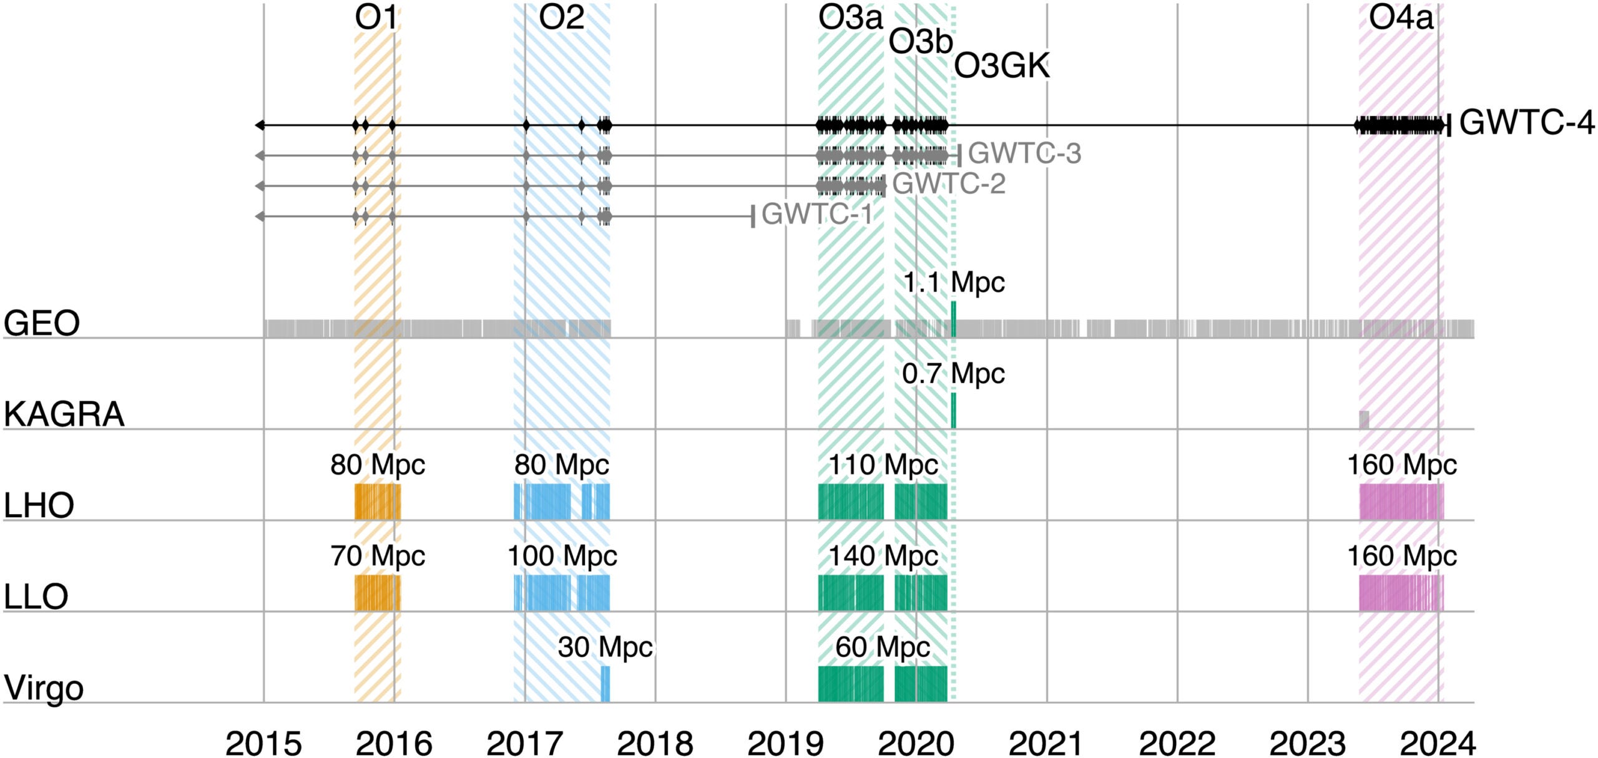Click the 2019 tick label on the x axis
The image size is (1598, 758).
tap(785, 743)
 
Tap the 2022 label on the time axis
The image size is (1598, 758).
tap(1177, 743)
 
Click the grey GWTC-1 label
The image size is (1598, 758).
tap(816, 214)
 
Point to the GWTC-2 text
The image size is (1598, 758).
tap(949, 184)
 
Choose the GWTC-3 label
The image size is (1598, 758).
tap(1024, 153)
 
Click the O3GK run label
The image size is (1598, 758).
tap(1002, 66)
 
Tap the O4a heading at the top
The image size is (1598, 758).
tap(1400, 19)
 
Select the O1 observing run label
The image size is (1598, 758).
tap(376, 19)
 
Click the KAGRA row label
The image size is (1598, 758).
tap(64, 414)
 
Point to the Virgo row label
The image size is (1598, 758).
tap(44, 688)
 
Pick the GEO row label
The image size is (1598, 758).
tap(42, 323)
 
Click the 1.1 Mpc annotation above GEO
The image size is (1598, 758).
tap(953, 283)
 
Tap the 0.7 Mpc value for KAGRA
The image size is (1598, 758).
tap(953, 374)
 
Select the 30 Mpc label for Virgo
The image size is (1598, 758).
tap(605, 647)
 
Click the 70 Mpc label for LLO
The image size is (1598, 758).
tap(378, 556)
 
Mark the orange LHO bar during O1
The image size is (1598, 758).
tap(377, 502)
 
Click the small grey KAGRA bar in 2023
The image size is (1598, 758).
tap(1364, 419)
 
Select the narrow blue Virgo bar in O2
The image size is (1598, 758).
tap(605, 684)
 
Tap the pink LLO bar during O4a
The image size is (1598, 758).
tap(1401, 593)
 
